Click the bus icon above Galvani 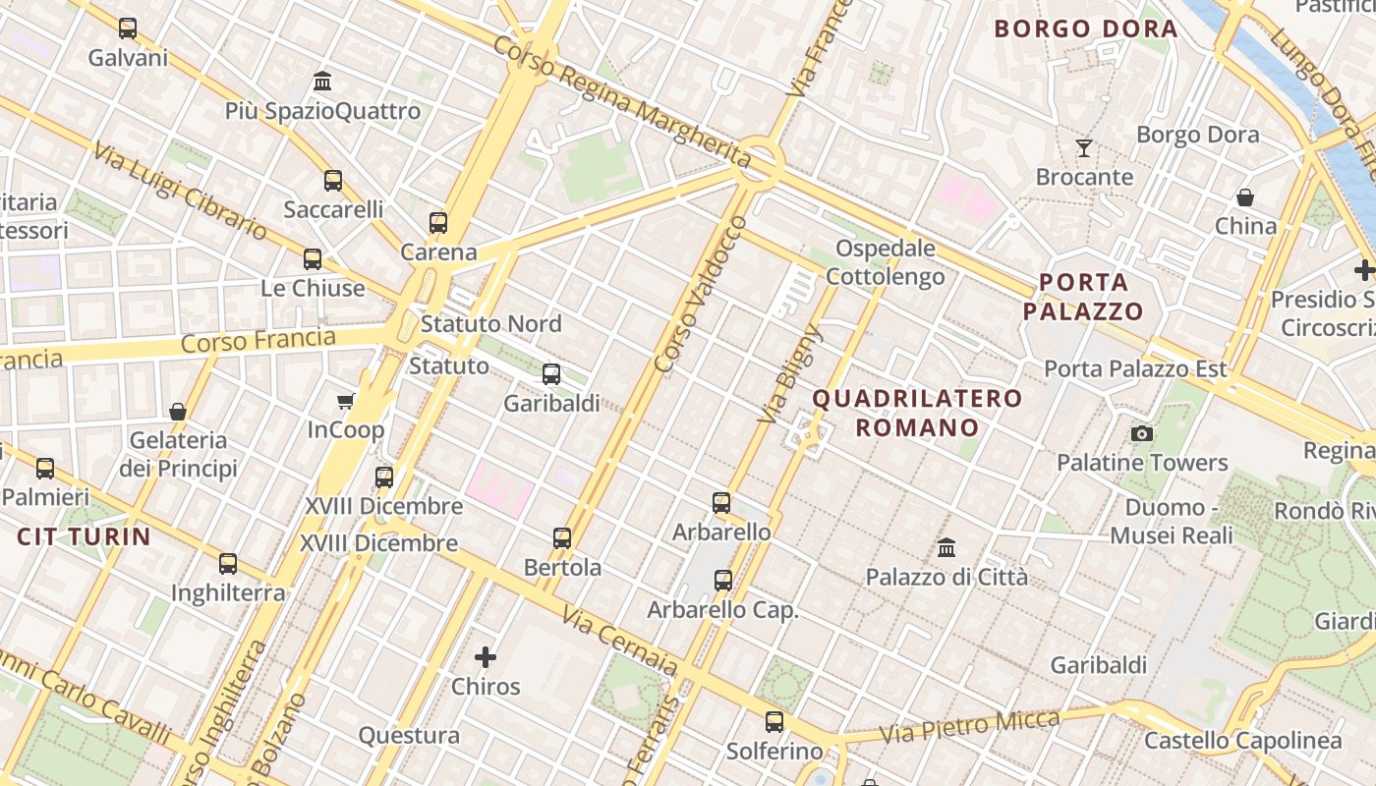pos(128,28)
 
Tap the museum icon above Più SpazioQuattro pos(322,81)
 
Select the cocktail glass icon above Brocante pos(1084,148)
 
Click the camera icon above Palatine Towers pos(1142,433)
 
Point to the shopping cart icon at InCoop pos(345,401)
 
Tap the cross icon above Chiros pos(486,657)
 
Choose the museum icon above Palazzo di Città pos(946,547)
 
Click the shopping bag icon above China pos(1245,197)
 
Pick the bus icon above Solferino pos(774,722)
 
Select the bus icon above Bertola pos(562,538)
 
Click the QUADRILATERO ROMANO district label pos(918,413)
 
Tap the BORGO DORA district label pos(1086,28)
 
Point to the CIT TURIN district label pos(84,537)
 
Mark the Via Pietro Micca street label pos(970,727)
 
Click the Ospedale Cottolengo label pos(885,262)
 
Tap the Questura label pos(409,735)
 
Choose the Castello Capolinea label pos(1243,741)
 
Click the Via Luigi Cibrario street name pos(181,191)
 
